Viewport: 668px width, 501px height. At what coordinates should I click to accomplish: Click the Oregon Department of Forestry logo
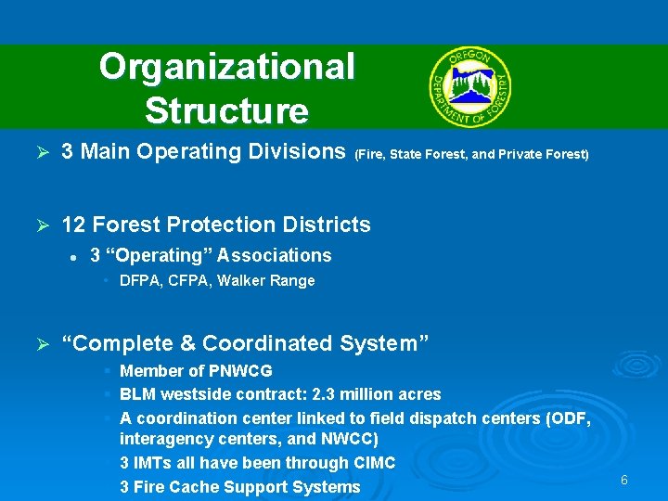coord(470,86)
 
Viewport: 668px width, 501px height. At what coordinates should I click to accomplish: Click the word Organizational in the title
coord(226,67)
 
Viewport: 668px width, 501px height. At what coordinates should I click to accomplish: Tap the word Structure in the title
coord(226,110)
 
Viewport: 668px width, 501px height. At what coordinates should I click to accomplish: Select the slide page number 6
coord(624,480)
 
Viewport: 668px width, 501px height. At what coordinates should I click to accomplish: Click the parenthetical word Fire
coord(371,154)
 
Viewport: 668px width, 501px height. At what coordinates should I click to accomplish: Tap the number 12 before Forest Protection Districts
coord(74,225)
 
